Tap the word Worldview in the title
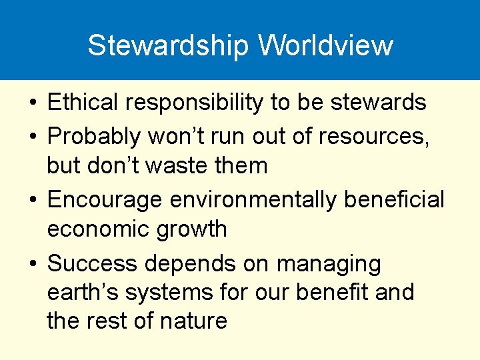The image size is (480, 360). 326,45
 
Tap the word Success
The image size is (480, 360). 91,263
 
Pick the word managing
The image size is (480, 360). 329,265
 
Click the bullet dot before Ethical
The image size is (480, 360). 32,103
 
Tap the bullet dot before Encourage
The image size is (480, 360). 32,200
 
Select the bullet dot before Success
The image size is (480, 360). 32,265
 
